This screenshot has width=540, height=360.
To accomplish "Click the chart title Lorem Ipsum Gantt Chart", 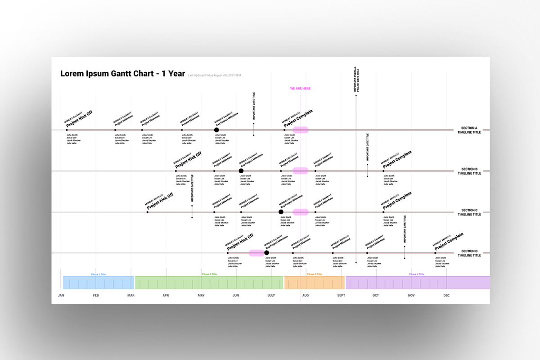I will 122,74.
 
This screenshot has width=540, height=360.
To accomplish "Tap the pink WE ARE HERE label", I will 300,89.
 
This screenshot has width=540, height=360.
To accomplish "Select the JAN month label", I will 61,296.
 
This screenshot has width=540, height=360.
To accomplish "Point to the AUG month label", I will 306,296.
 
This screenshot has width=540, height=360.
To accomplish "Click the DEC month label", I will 446,296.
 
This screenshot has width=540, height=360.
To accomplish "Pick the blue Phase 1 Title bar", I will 99,283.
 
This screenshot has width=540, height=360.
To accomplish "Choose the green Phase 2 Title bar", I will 209,283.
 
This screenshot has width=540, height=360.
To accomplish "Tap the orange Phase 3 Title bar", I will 315,283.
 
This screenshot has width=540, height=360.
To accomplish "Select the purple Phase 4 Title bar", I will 417,283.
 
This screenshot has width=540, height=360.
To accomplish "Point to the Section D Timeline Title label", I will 469,253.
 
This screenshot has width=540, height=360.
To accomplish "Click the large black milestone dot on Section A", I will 216,130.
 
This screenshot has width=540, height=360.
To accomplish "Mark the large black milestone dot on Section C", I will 281,212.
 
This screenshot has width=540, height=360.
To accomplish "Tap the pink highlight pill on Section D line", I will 256,253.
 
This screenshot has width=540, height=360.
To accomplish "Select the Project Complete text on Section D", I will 449,241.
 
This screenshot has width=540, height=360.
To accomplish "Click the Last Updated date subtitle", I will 214,75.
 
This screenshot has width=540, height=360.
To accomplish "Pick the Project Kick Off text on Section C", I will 160,201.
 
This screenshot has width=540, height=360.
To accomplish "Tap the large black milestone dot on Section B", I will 241,171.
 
